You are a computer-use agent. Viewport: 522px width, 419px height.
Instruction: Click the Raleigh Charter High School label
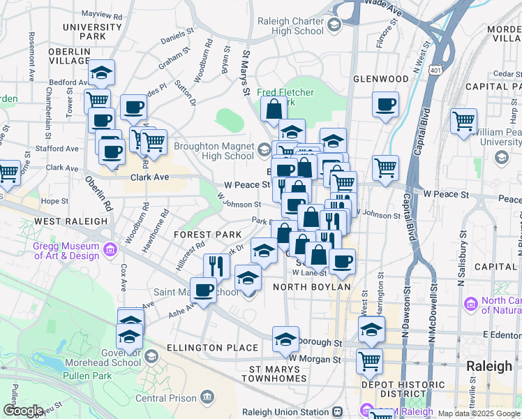pos(291,26)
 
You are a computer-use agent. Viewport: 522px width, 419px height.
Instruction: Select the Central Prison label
pos(164,398)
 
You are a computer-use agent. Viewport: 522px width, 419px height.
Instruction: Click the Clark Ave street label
pos(150,177)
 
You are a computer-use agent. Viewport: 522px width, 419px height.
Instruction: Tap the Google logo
pos(22,411)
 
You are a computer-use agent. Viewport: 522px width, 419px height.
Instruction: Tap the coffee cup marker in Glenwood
pos(385,105)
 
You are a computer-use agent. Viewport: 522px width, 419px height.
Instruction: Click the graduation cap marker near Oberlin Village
pos(102,73)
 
